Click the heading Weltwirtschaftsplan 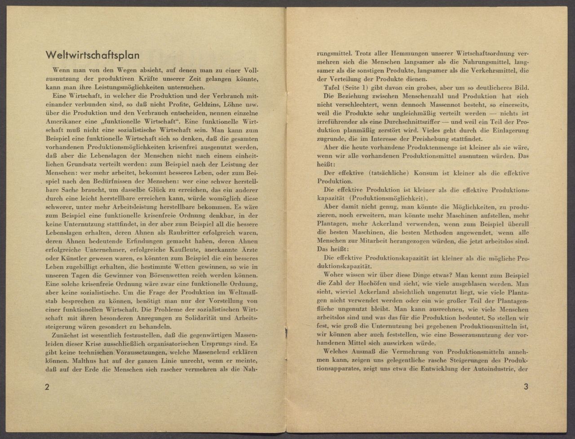(x=93, y=56)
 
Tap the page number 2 (x=47, y=387)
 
